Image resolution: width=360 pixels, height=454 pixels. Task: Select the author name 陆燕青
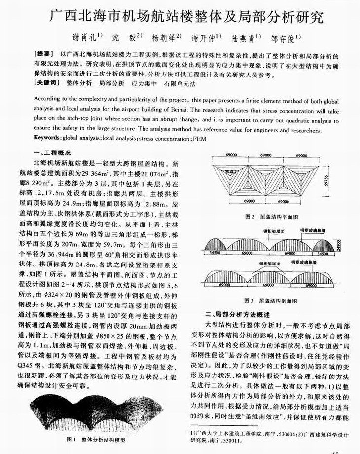(x=237, y=37)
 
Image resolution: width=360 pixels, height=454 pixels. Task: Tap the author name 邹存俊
(x=282, y=37)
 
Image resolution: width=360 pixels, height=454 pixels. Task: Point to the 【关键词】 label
(x=48, y=84)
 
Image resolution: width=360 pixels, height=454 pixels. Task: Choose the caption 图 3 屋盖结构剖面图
(x=270, y=300)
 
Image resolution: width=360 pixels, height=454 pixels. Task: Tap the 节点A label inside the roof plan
(x=228, y=171)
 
